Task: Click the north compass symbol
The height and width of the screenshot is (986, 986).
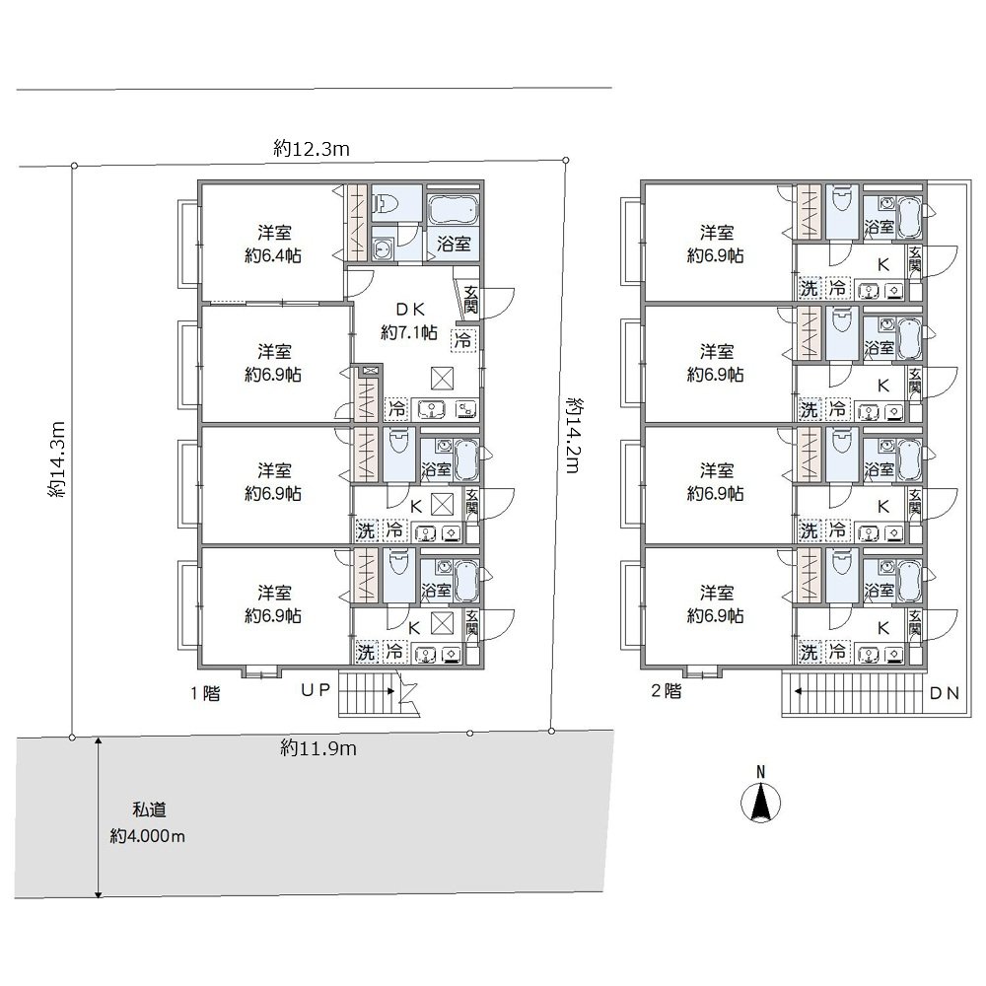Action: (x=761, y=803)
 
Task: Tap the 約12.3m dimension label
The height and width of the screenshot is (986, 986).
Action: (x=312, y=149)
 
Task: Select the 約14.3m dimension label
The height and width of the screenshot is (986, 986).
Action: (x=56, y=459)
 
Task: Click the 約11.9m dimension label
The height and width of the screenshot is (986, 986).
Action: (x=318, y=748)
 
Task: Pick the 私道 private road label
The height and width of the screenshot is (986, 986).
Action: (x=149, y=810)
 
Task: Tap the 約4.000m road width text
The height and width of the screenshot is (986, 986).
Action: (x=148, y=836)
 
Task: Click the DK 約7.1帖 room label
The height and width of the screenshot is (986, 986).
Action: (x=409, y=320)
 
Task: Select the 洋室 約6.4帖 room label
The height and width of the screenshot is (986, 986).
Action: (x=273, y=244)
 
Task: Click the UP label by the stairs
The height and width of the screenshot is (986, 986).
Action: (x=316, y=690)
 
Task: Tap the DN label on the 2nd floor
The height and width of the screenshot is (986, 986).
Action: (x=945, y=693)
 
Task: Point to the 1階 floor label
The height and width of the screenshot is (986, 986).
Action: (x=206, y=693)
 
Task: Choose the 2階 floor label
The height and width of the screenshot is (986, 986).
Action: (x=666, y=691)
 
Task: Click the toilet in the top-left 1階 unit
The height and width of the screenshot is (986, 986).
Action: (x=385, y=204)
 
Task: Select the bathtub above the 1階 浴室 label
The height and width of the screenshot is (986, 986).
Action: (x=453, y=209)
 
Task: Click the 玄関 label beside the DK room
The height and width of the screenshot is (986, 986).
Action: (x=470, y=300)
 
